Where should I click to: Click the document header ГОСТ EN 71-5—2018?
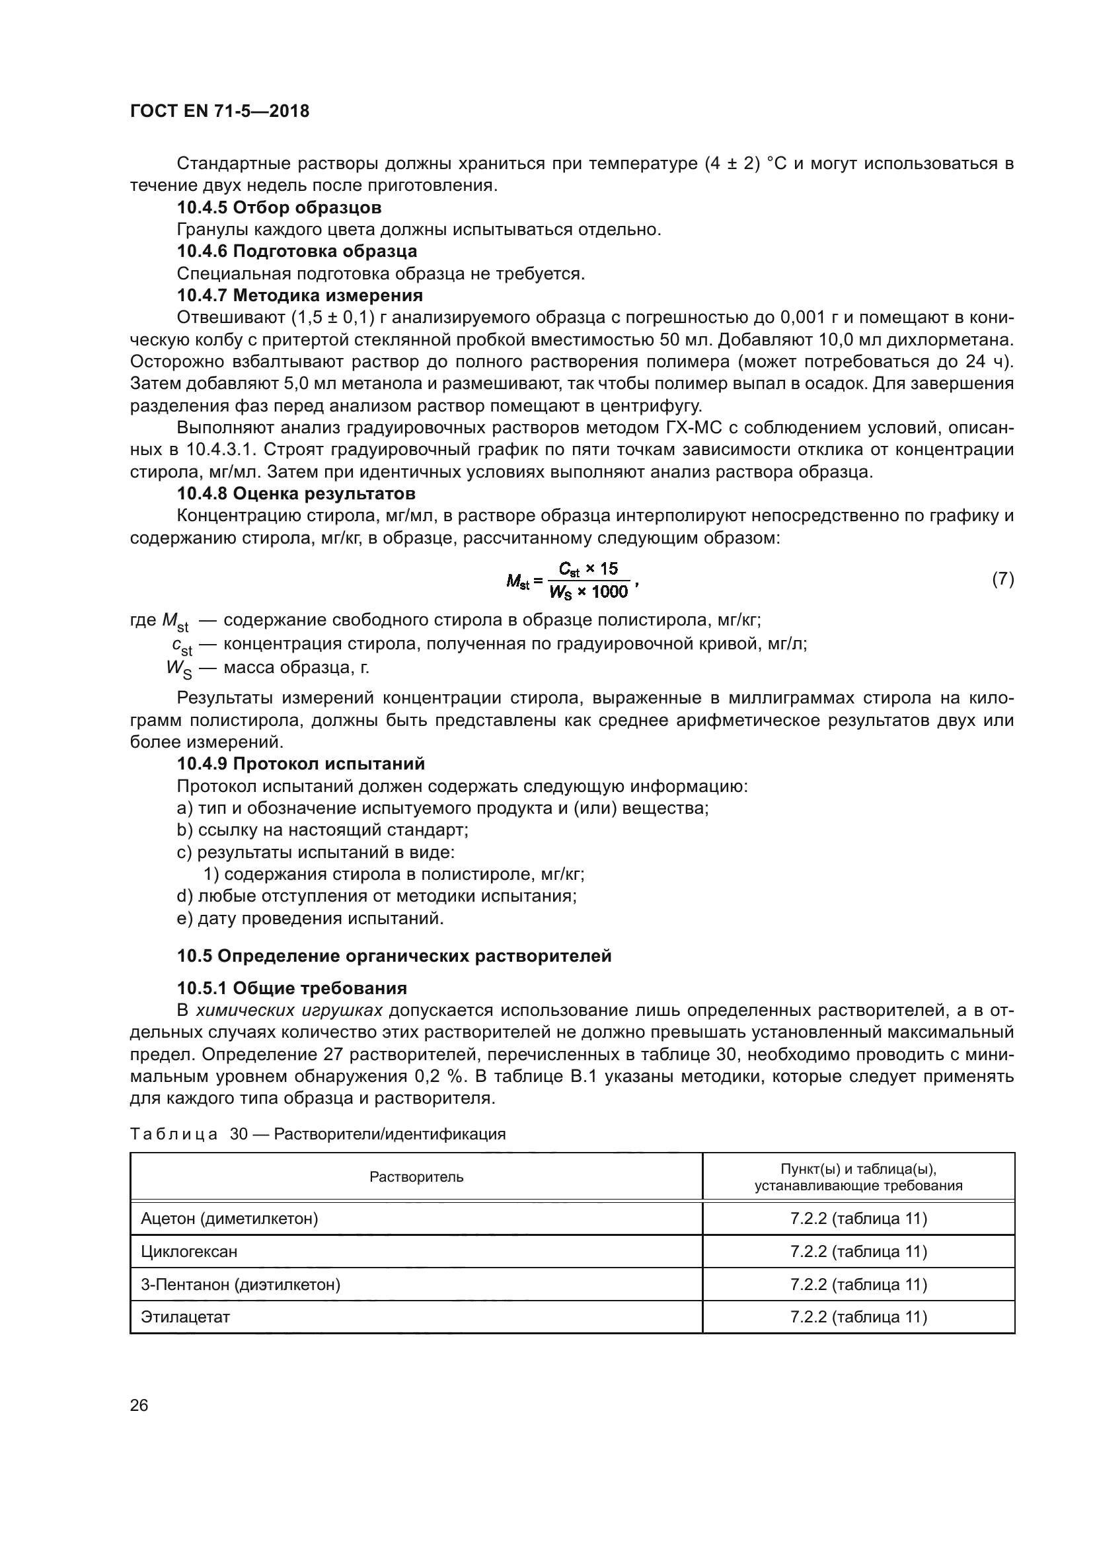(219, 111)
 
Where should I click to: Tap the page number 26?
(139, 1405)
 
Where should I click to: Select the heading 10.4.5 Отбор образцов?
(279, 207)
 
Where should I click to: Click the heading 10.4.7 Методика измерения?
(299, 295)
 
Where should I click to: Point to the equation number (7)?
(1003, 579)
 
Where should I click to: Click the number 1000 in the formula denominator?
(610, 591)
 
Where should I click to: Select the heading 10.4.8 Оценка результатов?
(296, 493)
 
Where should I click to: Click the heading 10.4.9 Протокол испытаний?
(301, 764)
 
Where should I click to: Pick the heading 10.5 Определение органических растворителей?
(395, 956)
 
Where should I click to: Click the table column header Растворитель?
(416, 1176)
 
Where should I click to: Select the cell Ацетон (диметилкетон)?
(229, 1218)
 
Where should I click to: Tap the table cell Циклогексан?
(189, 1251)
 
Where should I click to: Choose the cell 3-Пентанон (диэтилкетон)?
(241, 1284)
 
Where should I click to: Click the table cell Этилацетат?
(185, 1317)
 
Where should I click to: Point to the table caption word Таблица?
(174, 1134)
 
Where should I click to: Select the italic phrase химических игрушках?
(289, 1010)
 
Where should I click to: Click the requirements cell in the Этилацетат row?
(858, 1317)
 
